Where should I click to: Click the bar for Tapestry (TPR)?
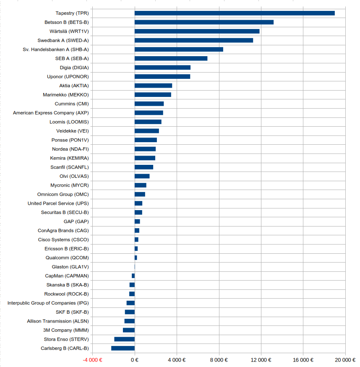click(235, 13)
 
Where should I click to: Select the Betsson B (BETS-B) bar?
click(204, 22)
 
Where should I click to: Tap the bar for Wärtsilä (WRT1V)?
click(197, 31)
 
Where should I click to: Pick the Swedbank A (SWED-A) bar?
click(194, 40)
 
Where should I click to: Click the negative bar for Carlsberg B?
click(123, 348)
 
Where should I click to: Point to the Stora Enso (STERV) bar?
click(124, 339)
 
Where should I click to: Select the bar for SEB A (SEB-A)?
click(171, 58)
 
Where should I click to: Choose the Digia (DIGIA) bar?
click(162, 68)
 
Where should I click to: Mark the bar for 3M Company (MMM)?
click(129, 330)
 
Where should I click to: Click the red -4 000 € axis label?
click(92, 360)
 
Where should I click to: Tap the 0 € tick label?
click(135, 360)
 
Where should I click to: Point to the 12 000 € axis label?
click(261, 360)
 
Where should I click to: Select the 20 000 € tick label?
click(345, 360)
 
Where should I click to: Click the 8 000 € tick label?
click(219, 360)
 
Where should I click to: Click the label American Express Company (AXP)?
click(51, 113)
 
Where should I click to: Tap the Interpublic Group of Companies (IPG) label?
click(48, 303)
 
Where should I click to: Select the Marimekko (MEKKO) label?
click(66, 95)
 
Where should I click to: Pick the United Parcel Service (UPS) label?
click(58, 203)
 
